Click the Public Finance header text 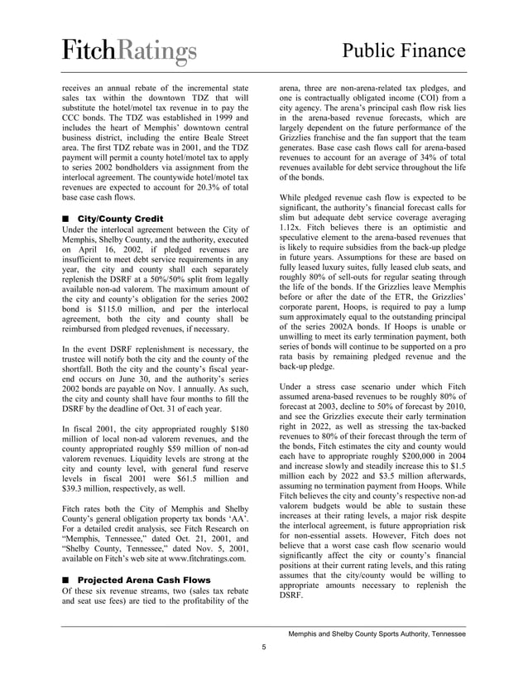[403, 53]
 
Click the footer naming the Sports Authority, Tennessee [377, 633]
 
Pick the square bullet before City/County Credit [66, 218]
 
